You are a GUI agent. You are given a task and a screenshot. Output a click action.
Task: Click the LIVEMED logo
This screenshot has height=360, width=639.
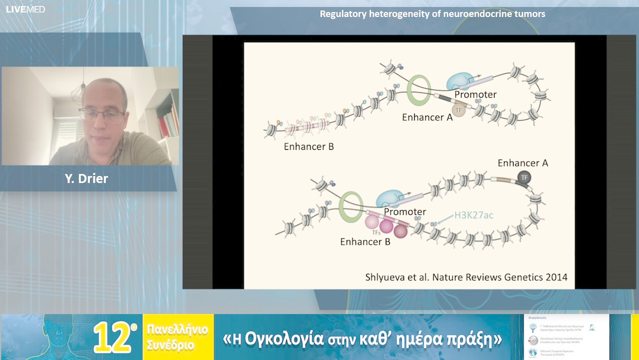[x=25, y=9]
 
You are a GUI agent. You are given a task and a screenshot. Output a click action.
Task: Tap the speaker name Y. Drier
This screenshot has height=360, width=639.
[x=86, y=178]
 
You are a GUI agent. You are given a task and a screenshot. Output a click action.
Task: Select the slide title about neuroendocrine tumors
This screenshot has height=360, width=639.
[x=433, y=14]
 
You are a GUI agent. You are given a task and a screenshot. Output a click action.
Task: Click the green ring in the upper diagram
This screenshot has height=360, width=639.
[x=419, y=91]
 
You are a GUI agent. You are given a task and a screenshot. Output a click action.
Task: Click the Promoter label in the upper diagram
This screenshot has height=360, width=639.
[x=475, y=94]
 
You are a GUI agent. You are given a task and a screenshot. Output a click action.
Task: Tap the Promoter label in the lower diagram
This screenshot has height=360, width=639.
[x=405, y=211]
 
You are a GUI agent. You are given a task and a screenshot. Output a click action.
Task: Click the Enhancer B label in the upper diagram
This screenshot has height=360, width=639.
[x=309, y=146]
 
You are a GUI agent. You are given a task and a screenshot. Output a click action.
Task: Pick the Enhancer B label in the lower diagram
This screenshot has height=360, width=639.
[x=365, y=242]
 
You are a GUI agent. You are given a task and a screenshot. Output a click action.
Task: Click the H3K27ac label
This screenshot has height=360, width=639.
[x=473, y=215]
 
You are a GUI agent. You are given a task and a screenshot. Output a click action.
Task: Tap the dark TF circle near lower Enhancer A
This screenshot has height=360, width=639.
[x=524, y=177]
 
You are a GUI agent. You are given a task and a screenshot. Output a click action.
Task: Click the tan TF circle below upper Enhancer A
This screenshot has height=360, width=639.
[x=459, y=110]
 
